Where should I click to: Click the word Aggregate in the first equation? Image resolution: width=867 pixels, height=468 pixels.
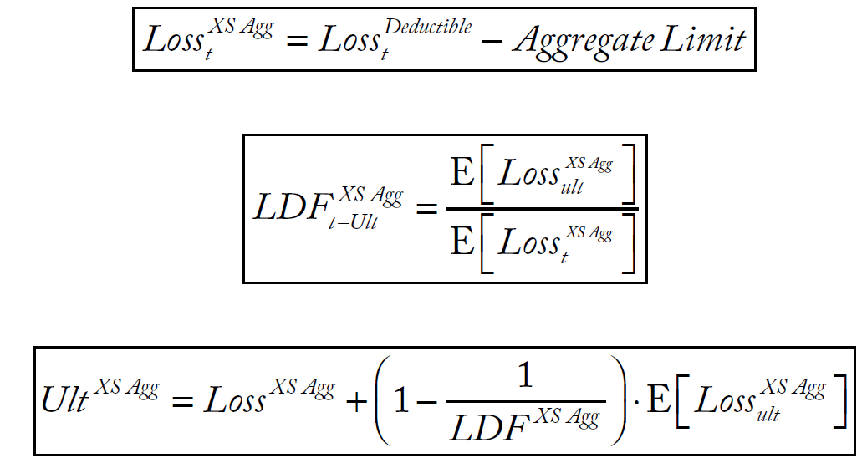pos(583,41)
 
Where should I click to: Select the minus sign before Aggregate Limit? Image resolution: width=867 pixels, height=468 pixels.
pos(492,42)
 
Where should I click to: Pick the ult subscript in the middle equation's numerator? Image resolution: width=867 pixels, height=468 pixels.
pos(573,189)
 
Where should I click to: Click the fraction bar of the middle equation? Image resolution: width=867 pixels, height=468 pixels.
pos(543,207)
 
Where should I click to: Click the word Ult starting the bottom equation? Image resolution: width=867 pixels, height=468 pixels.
pos(64,400)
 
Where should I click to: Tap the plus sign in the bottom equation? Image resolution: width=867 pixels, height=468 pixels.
pos(358,402)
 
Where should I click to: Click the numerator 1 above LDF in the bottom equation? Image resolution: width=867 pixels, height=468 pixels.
pos(525,377)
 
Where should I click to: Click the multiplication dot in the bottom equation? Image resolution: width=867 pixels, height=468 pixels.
pos(637,402)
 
